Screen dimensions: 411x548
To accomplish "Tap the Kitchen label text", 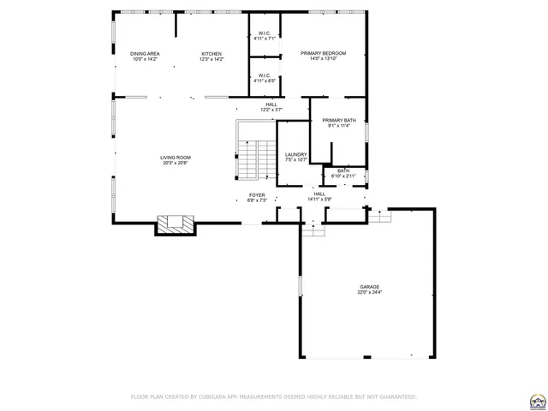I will tap(211, 53).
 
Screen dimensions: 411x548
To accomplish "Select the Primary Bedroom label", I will tap(323, 53).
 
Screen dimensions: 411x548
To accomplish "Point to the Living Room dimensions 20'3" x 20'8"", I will tap(176, 163).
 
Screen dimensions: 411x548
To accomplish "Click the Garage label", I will tap(369, 287).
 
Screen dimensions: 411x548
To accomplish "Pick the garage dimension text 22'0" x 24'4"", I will tap(369, 293).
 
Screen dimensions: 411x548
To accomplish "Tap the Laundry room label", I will tap(295, 154).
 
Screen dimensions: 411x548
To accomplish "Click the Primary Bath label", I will tap(339, 120).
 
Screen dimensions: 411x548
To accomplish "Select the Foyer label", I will tap(257, 194).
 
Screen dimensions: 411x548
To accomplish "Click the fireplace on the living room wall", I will tap(176, 224).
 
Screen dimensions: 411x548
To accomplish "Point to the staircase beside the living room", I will tap(248, 158).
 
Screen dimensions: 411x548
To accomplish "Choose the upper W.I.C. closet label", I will tap(265, 33).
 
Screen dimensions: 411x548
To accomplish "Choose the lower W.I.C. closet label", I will tap(265, 75).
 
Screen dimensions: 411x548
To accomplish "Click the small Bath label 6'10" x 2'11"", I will tap(343, 170).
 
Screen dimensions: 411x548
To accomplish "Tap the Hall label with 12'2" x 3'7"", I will tap(271, 104).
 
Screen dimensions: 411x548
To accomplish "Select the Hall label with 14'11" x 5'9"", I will tap(319, 194).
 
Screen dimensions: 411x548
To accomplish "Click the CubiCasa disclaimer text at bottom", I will tap(273, 396).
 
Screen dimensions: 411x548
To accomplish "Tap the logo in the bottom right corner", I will tap(538, 400).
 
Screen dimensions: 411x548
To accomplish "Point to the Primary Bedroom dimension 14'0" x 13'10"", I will tap(323, 59).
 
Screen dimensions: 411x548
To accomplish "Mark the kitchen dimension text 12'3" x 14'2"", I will tap(211, 59).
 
